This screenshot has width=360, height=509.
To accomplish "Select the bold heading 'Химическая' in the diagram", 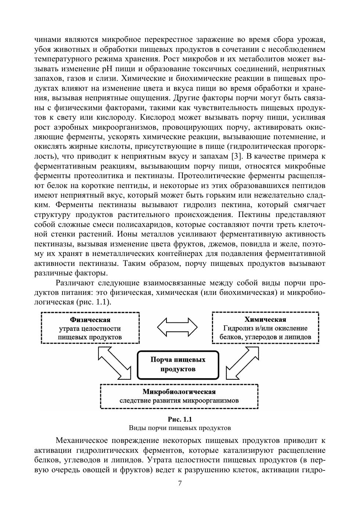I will tap(265, 320).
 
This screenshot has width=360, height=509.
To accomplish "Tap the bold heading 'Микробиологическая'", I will tap(179, 391).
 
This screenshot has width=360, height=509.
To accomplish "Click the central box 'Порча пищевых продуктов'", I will tap(178, 364).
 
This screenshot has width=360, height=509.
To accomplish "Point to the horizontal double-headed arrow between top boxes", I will tap(177, 326).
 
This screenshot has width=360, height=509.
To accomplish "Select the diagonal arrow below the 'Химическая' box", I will tap(242, 362).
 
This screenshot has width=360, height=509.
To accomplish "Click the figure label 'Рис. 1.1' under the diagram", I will tap(180, 419).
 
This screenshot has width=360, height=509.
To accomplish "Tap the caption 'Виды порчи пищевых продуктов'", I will tap(180, 428).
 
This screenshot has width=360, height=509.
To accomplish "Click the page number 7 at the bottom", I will tap(180, 483).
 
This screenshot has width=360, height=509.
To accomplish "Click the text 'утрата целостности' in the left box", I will tap(90, 328).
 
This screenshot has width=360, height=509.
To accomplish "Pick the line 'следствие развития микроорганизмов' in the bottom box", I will tap(179, 400).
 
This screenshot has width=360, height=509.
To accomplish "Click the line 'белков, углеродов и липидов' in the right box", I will tap(265, 337).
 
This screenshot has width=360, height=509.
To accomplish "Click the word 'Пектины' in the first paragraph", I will tap(256, 214).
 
